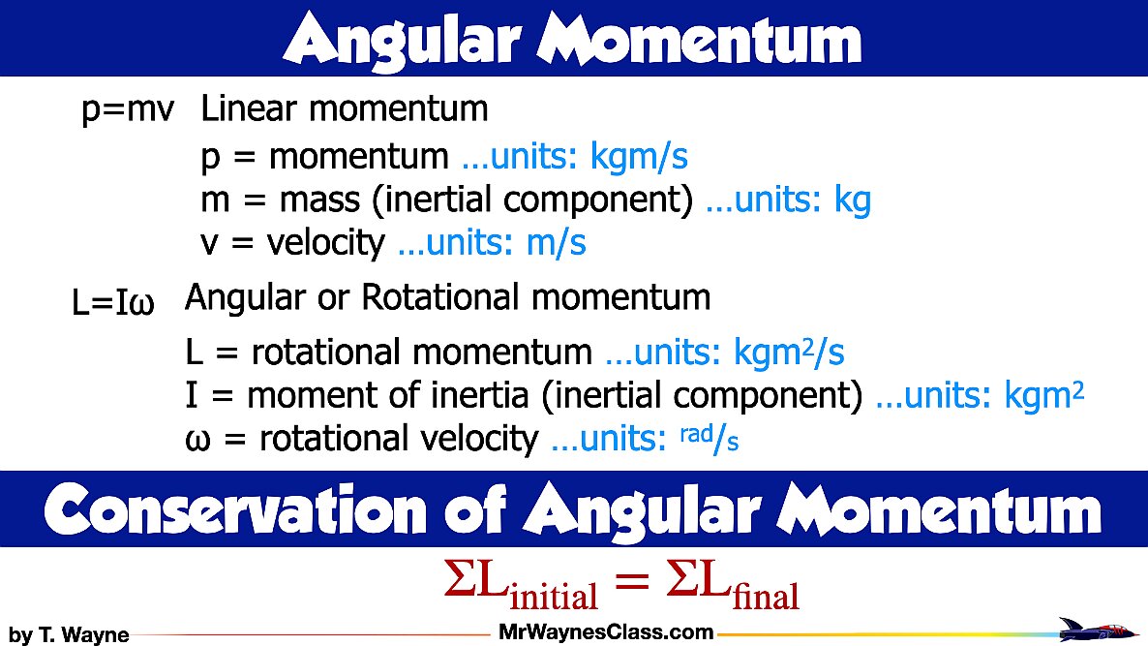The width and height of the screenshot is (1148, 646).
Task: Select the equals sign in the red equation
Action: click(x=629, y=583)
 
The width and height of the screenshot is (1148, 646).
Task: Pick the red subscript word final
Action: click(x=766, y=594)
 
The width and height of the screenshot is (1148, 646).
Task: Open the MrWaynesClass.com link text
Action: click(x=606, y=632)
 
